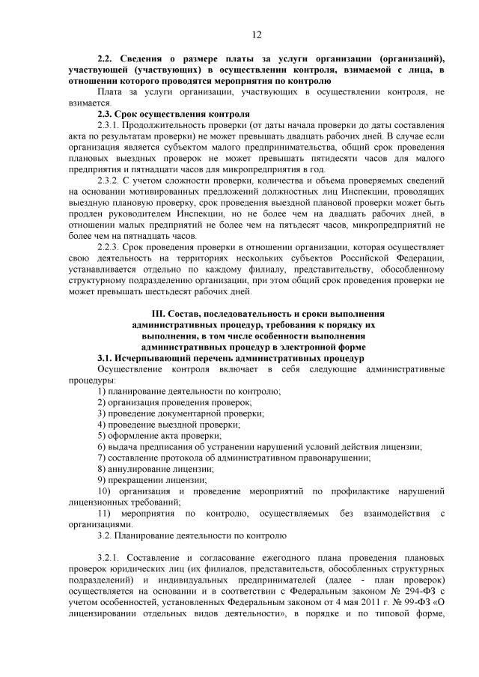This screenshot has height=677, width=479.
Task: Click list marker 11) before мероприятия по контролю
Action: coord(105,514)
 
